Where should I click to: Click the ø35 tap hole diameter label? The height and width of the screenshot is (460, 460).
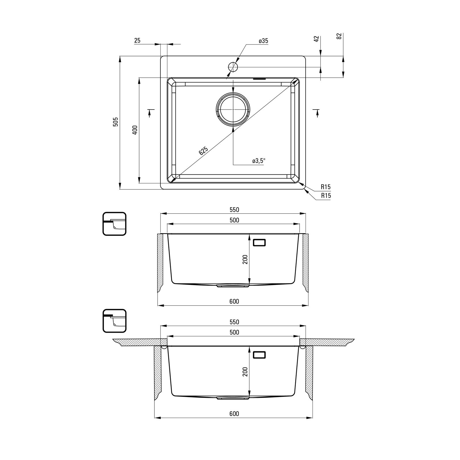point(263,41)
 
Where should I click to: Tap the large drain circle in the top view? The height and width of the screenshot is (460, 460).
point(233,110)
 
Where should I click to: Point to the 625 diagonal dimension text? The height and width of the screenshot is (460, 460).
point(203,151)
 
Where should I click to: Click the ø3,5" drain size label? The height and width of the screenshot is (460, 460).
point(258,161)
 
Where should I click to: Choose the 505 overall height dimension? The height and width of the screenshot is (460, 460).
point(116,122)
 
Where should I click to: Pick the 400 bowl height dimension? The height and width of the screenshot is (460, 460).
point(135,130)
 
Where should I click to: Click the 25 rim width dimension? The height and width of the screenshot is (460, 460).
point(137,41)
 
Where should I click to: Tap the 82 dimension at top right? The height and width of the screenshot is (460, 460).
point(339,36)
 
